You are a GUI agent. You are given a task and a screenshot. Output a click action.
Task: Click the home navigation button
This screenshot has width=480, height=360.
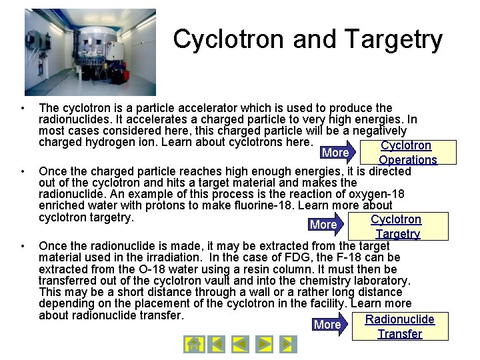tap(193, 344)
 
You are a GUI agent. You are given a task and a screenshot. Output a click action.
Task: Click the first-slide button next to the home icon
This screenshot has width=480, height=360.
tap(216, 344)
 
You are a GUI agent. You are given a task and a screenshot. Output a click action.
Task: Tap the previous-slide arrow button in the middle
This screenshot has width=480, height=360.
tap(240, 344)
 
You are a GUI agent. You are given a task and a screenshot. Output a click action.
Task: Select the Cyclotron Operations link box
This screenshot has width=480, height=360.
tap(407, 153)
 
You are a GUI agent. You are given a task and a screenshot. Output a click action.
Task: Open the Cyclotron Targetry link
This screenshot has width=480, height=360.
tap(397, 227)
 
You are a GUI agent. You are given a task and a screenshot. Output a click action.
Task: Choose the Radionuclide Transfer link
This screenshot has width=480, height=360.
tap(400, 327)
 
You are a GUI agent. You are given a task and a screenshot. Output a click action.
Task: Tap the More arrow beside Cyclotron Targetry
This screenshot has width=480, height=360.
tap(327, 225)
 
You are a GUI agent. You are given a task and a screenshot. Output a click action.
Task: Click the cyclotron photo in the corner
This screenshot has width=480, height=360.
tap(90, 52)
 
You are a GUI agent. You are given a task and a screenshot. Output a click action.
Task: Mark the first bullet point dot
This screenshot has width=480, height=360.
tap(23, 108)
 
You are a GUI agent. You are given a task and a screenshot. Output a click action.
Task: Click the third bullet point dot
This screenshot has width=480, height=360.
tap(23, 246)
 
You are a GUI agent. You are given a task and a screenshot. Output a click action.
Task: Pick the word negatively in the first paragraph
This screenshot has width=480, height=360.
tap(374, 131)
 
